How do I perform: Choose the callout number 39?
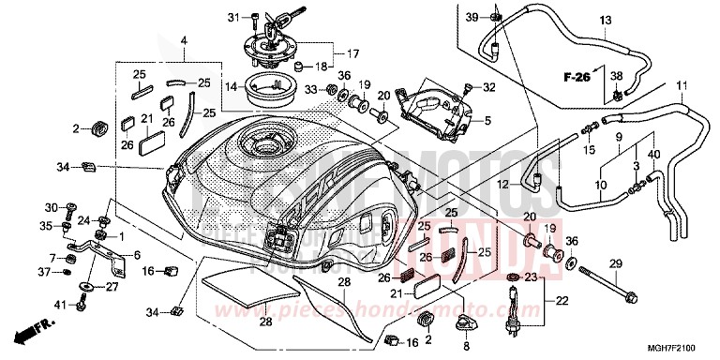point(472,16)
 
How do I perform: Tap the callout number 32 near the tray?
point(489,87)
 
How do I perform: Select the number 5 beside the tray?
point(487,120)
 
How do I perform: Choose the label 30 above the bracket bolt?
point(51,207)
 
